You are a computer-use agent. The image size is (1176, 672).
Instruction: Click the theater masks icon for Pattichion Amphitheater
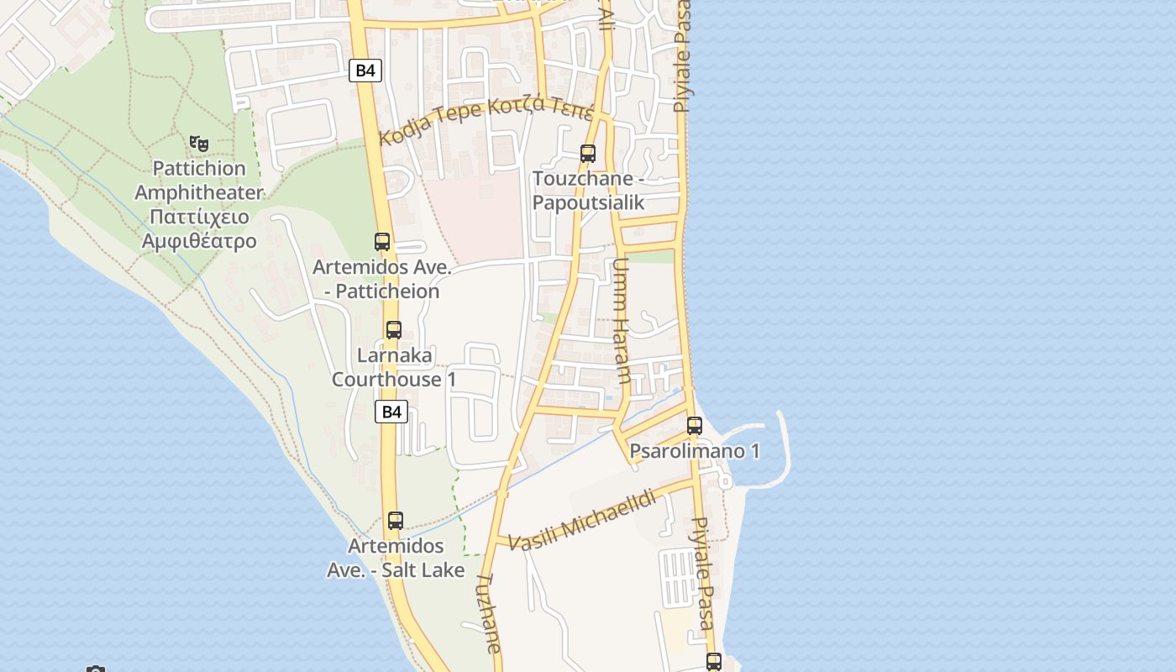[198, 144]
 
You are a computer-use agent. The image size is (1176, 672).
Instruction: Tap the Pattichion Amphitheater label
[199, 205]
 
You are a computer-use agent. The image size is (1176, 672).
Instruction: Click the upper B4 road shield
[365, 71]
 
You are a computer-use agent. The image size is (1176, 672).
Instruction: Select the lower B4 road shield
[391, 412]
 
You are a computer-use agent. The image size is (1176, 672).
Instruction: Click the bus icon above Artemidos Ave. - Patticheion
[382, 242]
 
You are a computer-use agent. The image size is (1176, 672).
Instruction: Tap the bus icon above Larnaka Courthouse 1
[394, 330]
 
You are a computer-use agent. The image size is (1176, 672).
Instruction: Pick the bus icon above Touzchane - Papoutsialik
[588, 154]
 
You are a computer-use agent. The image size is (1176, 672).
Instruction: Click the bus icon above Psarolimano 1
[695, 426]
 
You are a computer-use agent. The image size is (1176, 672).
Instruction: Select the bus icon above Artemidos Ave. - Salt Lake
[396, 521]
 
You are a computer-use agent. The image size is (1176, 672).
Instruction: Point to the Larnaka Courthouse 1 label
[394, 367]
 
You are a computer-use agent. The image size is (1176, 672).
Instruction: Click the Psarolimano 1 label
[695, 451]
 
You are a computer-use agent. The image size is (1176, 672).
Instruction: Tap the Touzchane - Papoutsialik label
[588, 191]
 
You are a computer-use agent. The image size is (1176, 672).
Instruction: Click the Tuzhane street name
[489, 613]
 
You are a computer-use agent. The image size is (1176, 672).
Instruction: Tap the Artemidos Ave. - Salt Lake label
[396, 558]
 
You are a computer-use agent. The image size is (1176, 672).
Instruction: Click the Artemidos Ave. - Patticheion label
[382, 280]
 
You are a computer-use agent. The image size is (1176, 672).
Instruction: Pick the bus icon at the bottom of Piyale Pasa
[714, 662]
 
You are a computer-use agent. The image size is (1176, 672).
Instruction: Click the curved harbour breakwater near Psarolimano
[786, 449]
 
